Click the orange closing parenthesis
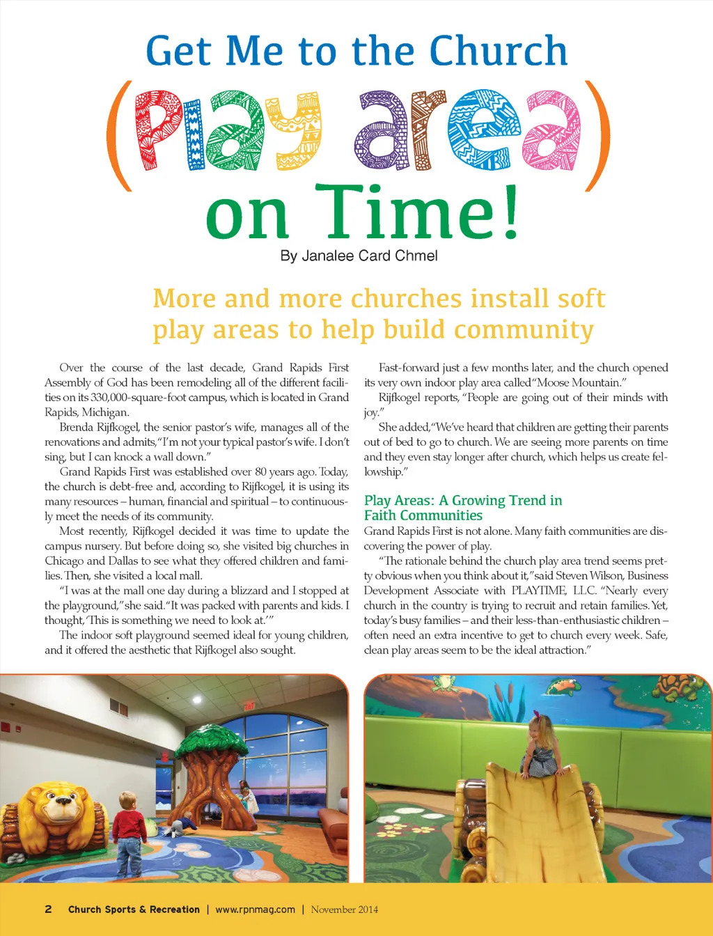pyautogui.click(x=597, y=136)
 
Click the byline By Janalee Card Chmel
pyautogui.click(x=359, y=256)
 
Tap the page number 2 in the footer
pyautogui.click(x=48, y=909)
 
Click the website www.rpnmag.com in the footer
pyautogui.click(x=255, y=909)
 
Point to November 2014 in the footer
pyautogui.click(x=344, y=909)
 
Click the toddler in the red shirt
pyautogui.click(x=129, y=829)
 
